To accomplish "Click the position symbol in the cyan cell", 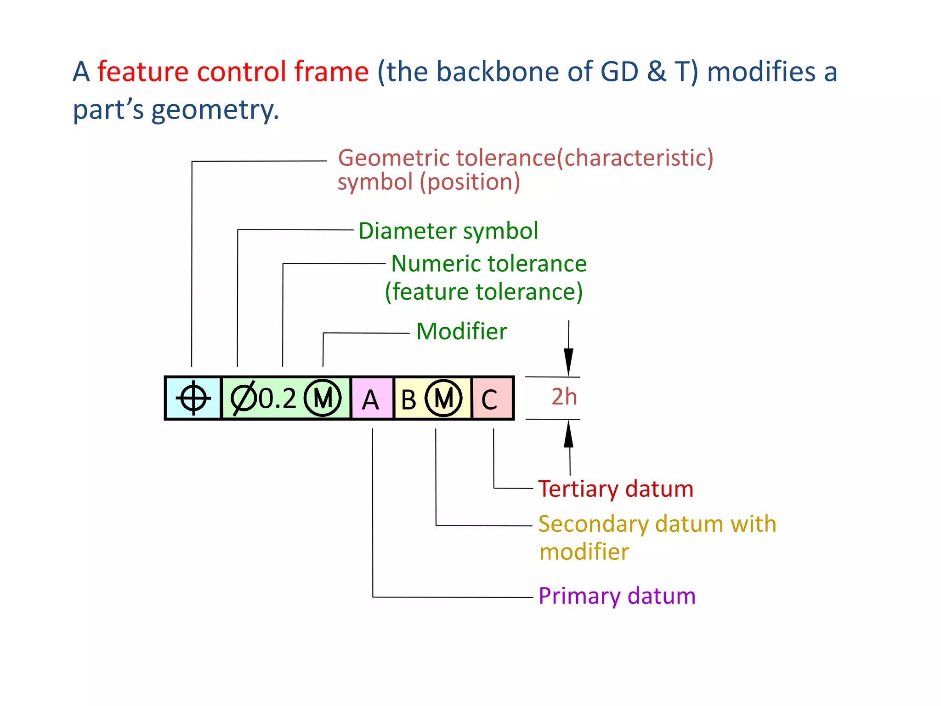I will click(x=193, y=398).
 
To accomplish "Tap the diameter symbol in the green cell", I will click(x=243, y=398).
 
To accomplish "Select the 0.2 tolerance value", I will click(x=278, y=399).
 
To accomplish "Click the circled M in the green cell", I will click(x=323, y=398).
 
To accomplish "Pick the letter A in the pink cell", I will click(x=370, y=400).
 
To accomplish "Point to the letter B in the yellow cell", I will click(x=408, y=400).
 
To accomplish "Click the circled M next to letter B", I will click(x=443, y=398).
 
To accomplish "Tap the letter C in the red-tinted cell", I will click(x=489, y=400).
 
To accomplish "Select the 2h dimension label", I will click(x=564, y=397).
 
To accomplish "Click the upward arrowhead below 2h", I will click(x=569, y=434).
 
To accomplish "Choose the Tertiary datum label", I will click(x=616, y=489).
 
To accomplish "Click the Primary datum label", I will click(x=617, y=596).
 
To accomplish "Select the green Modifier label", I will click(x=461, y=331).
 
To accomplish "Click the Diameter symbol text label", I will click(x=448, y=231).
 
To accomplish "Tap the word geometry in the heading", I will click(x=215, y=110).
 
